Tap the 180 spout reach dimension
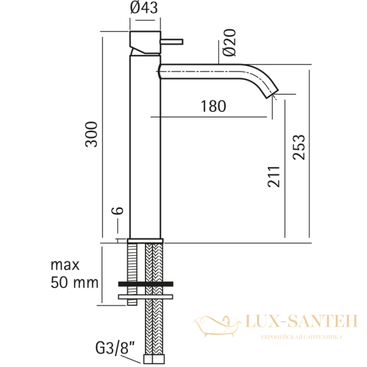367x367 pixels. [x=213, y=106]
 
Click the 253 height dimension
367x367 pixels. [x=299, y=147]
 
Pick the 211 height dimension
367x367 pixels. [x=274, y=177]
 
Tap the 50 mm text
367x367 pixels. [x=75, y=283]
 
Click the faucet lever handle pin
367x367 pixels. [x=172, y=42]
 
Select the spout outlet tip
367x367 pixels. [x=272, y=92]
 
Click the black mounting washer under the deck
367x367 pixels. [x=146, y=284]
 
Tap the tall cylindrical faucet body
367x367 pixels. [x=146, y=147]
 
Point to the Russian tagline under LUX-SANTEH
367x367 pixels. [x=301, y=337]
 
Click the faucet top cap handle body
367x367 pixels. [x=145, y=40]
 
